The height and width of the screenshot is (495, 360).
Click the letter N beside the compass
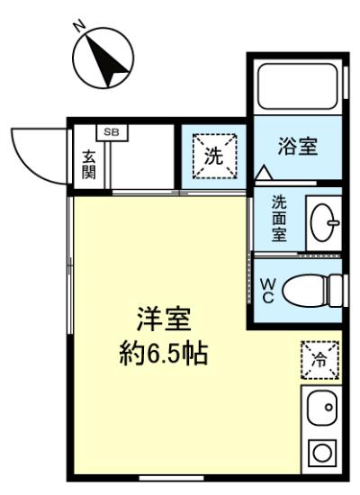[x=80, y=26]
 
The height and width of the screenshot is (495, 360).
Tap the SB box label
[x=112, y=132]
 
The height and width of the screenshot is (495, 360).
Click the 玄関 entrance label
[x=89, y=165]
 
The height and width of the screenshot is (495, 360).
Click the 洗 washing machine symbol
[x=215, y=157]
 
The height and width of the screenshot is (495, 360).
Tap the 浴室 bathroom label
[x=298, y=147]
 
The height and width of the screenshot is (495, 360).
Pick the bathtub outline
[x=298, y=86]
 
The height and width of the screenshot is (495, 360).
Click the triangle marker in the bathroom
[x=264, y=173]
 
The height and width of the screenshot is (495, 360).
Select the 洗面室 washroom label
[x=279, y=219]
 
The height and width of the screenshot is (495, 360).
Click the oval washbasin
[x=321, y=222]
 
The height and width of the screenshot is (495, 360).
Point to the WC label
[x=267, y=291]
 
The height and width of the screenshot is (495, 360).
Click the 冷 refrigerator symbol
[x=319, y=360]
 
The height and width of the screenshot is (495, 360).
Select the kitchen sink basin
[x=322, y=408]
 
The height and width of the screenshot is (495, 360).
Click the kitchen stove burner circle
[x=322, y=454]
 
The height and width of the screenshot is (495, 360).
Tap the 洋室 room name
[x=164, y=319]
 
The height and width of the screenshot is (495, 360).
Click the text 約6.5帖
[x=164, y=354]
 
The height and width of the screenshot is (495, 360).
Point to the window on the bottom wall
[x=171, y=478]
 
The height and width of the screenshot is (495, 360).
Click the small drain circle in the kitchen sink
[x=328, y=407]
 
